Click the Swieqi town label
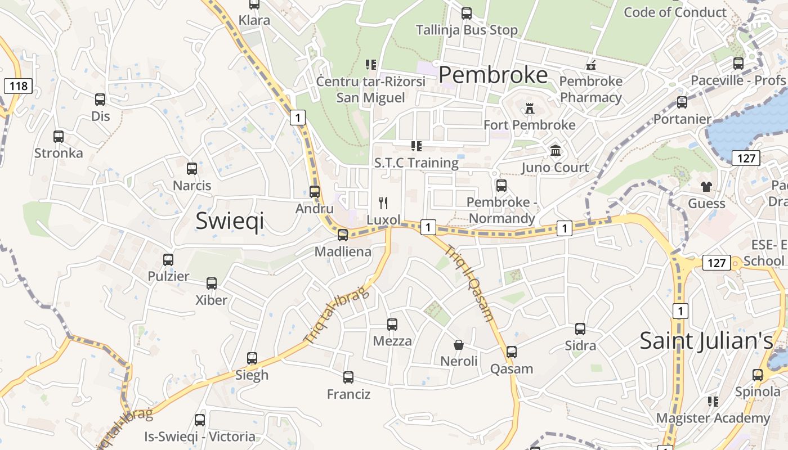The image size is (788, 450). pyautogui.click(x=230, y=221)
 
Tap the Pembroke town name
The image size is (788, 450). pyautogui.click(x=493, y=75)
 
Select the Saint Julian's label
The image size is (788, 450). pyautogui.click(x=706, y=341)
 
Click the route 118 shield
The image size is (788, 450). pyautogui.click(x=19, y=86)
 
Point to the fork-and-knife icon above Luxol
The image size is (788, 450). pyautogui.click(x=384, y=202)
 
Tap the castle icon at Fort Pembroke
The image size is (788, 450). pyautogui.click(x=529, y=108)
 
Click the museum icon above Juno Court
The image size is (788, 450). pyautogui.click(x=556, y=151)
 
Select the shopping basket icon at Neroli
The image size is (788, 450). pyautogui.click(x=459, y=344)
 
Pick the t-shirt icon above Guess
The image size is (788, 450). pyautogui.click(x=706, y=187)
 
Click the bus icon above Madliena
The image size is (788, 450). pyautogui.click(x=343, y=235)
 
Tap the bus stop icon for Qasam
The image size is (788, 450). pyautogui.click(x=512, y=352)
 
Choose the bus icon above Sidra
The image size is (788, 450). pyautogui.click(x=580, y=329)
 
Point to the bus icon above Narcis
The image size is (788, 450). pyautogui.click(x=192, y=169)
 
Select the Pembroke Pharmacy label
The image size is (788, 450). pyautogui.click(x=591, y=89)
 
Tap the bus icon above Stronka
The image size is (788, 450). pyautogui.click(x=59, y=137)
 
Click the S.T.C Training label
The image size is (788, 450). pyautogui.click(x=417, y=163)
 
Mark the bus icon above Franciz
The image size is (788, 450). pyautogui.click(x=348, y=377)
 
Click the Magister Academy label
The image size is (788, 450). pyautogui.click(x=713, y=418)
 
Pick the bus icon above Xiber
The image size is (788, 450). pyautogui.click(x=212, y=283)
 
